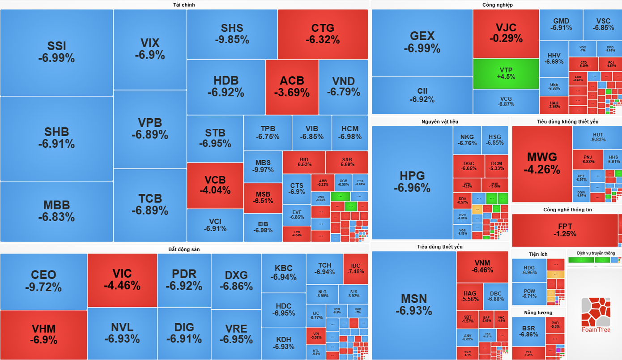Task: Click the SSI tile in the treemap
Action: tap(56, 52)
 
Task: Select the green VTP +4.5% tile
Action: tap(506, 73)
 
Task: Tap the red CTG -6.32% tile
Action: tap(323, 34)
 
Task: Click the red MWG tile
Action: tap(542, 163)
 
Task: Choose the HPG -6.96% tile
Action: tap(412, 182)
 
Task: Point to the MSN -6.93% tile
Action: tap(414, 304)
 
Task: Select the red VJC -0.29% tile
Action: tap(506, 34)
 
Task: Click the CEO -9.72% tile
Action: tap(43, 281)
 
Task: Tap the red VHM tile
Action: tap(43, 334)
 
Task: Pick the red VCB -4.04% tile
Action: tap(215, 185)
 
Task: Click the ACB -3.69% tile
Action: tap(292, 87)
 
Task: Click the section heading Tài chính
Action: tap(184, 5)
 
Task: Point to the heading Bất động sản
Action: tap(184, 249)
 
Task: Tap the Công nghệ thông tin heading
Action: tap(567, 210)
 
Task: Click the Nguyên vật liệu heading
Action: tap(440, 121)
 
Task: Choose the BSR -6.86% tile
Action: tap(528, 331)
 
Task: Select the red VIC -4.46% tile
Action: tap(122, 280)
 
